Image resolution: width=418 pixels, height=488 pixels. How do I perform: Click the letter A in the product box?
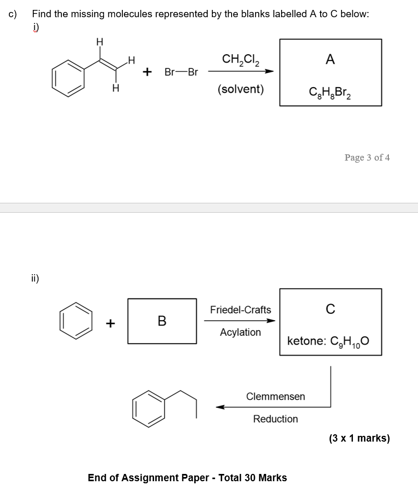330,60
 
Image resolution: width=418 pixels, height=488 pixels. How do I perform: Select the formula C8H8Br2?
330,94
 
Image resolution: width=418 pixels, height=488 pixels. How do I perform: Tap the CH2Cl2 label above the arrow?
240,59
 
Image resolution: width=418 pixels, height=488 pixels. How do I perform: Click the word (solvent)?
240,89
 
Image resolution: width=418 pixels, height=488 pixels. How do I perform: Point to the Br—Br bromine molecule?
181,72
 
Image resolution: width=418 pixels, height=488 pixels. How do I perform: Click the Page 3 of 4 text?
367,157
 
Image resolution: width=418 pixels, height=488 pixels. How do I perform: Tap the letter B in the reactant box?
162,321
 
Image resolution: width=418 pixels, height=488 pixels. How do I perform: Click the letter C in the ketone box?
330,309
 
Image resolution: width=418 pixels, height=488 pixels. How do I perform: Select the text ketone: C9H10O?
328,341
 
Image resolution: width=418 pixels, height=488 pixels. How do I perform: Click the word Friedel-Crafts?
240,310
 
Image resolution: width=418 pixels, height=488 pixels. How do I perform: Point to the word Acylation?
240,332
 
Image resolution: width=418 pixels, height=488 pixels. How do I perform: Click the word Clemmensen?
275,396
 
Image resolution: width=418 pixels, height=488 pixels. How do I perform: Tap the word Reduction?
275,419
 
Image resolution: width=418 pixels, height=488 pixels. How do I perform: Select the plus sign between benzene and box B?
110,323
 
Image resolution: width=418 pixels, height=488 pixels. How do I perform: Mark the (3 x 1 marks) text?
359,438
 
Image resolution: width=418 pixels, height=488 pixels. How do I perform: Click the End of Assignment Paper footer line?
187,478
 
